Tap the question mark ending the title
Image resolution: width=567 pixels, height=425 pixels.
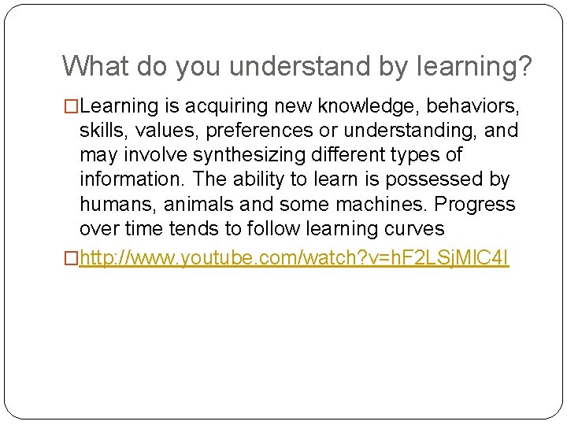click(524, 66)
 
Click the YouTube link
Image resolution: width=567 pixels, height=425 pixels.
click(295, 259)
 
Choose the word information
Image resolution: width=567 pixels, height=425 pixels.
click(131, 179)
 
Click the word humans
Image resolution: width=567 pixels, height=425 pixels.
click(119, 205)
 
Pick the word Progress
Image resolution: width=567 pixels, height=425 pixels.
click(476, 205)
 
